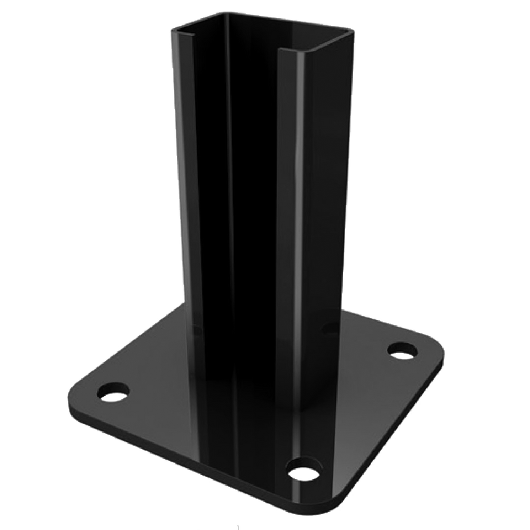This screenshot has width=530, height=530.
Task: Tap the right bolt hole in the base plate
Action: click(x=401, y=350)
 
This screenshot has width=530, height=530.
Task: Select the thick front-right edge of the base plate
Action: click(x=397, y=437)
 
